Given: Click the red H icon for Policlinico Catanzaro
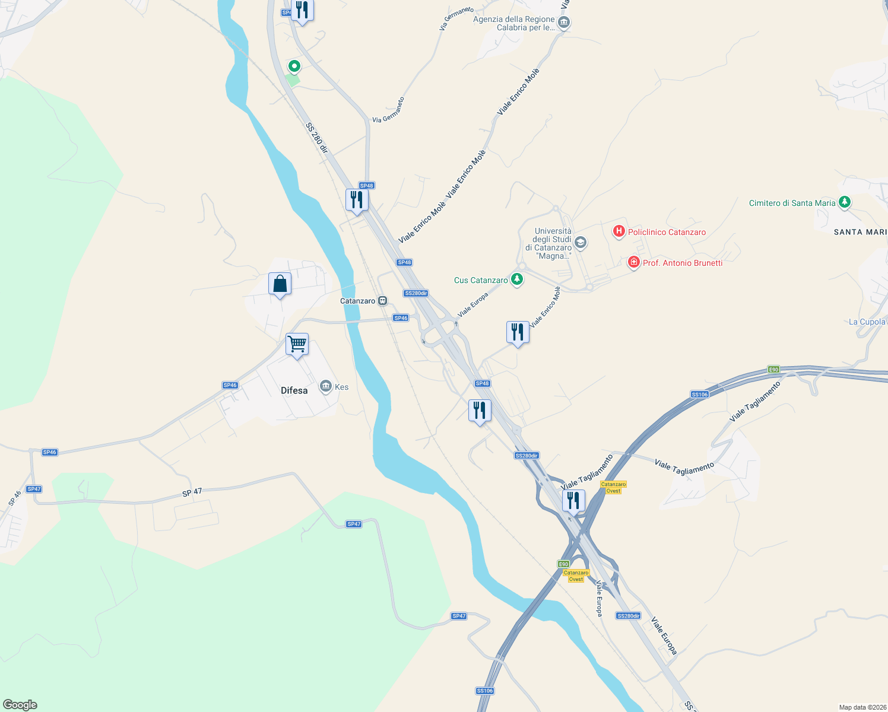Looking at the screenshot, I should pyautogui.click(x=619, y=231).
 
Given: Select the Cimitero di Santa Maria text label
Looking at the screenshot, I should pyautogui.click(x=792, y=203).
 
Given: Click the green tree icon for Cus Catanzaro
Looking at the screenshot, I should pyautogui.click(x=517, y=279).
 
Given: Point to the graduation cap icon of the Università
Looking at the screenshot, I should pyautogui.click(x=581, y=242).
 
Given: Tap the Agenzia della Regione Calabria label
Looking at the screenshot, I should pyautogui.click(x=513, y=23).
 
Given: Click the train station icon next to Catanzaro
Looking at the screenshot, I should pyautogui.click(x=383, y=301).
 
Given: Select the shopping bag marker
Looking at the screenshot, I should pyautogui.click(x=280, y=284).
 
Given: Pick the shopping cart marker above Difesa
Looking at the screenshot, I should pyautogui.click(x=297, y=344).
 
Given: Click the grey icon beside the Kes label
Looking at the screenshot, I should pyautogui.click(x=325, y=387).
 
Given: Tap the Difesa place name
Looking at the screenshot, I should pyautogui.click(x=294, y=390).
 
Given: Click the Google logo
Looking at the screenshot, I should pyautogui.click(x=20, y=705).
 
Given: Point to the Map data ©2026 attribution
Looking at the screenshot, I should pyautogui.click(x=861, y=707).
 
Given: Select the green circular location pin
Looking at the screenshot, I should pyautogui.click(x=294, y=66).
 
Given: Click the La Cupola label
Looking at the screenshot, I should pyautogui.click(x=867, y=322).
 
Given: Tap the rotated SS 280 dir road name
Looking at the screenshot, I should pyautogui.click(x=316, y=138).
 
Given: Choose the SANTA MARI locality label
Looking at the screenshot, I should pyautogui.click(x=860, y=232).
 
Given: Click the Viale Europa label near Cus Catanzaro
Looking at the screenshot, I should pyautogui.click(x=472, y=305).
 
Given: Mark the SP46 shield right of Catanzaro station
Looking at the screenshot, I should pyautogui.click(x=401, y=318).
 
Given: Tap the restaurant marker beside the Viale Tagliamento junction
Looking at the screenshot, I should pyautogui.click(x=573, y=500).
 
